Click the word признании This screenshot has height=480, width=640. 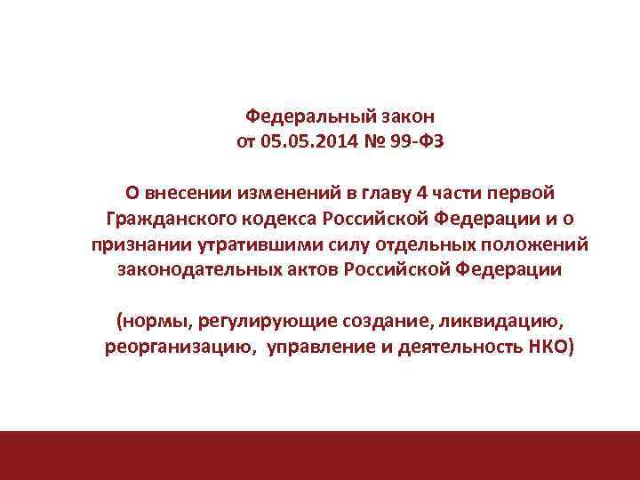pyautogui.click(x=135, y=244)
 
